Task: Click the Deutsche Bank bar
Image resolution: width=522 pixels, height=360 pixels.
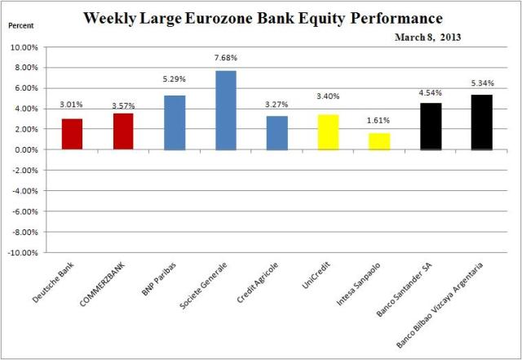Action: pos(72,135)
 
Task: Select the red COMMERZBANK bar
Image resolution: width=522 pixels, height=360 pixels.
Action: pos(123,131)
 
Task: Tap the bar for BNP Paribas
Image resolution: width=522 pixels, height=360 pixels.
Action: pos(175,122)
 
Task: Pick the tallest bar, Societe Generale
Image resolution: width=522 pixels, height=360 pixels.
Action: pos(226,110)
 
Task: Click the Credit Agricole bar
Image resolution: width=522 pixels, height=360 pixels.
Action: pos(277,133)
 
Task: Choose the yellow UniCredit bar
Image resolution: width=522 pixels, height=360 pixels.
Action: pos(328,132)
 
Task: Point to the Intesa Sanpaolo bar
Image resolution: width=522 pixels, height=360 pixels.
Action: pos(379,141)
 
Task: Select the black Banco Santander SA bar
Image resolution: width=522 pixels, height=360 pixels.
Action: pos(431,127)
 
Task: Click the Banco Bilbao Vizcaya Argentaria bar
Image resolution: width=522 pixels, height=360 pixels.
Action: pos(481,122)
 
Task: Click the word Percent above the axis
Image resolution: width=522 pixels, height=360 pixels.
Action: pos(22,26)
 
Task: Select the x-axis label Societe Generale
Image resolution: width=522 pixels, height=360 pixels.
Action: pos(214,287)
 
